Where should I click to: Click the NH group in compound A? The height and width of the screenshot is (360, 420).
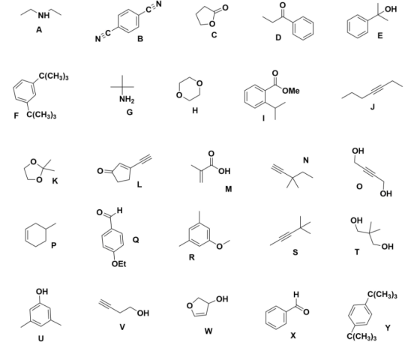coord(44,16)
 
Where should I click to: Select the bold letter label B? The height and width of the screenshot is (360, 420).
coord(140,39)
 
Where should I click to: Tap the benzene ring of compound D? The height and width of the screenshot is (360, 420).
coord(303,28)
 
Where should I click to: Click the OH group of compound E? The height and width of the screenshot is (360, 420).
coord(391,9)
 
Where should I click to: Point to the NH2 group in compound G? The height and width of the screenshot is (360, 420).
coord(127,99)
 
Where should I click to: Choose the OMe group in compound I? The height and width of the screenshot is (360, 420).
coord(291,91)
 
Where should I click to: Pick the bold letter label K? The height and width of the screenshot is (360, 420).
coord(55,181)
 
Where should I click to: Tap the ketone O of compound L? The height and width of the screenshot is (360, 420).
coord(100,171)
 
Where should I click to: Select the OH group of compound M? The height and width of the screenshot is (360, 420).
coord(224,171)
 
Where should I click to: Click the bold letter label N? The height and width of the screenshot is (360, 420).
coord(306,160)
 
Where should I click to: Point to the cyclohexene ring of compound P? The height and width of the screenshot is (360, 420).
coord(36,234)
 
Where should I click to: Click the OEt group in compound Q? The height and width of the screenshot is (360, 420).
coord(118,264)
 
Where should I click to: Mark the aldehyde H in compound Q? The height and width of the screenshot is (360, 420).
coord(119,210)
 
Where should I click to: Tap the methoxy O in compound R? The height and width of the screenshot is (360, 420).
coord(219,247)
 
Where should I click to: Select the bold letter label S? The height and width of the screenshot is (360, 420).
coord(295,252)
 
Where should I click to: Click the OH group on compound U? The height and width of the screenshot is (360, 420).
coord(42,291)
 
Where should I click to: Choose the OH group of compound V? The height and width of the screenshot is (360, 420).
coord(142,313)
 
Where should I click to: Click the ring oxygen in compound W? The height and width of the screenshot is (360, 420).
coord(190,306)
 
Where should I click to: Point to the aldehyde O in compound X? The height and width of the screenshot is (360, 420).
coord(306,312)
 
